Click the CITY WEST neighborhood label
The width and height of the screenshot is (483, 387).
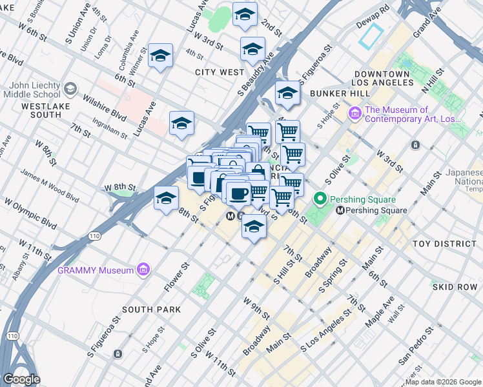[x=220, y=72]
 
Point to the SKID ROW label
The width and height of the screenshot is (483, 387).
[x=455, y=286]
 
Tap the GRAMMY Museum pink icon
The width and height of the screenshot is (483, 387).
[x=143, y=270]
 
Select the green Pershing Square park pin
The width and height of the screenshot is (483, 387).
[x=318, y=198]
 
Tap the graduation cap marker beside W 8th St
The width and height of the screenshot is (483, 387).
[x=166, y=197]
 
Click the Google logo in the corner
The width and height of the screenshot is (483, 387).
[x=21, y=379]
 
